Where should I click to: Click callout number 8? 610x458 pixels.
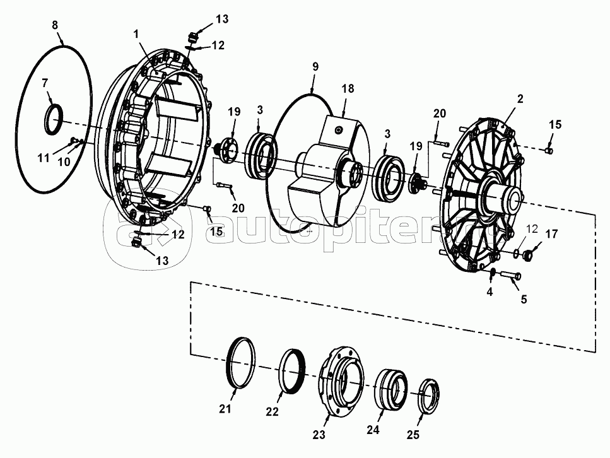pyautogui.click(x=55, y=25)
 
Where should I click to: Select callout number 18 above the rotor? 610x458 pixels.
pyautogui.click(x=348, y=89)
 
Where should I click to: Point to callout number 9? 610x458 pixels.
pyautogui.click(x=315, y=66)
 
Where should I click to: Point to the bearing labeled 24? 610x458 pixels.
pyautogui.click(x=391, y=389)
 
